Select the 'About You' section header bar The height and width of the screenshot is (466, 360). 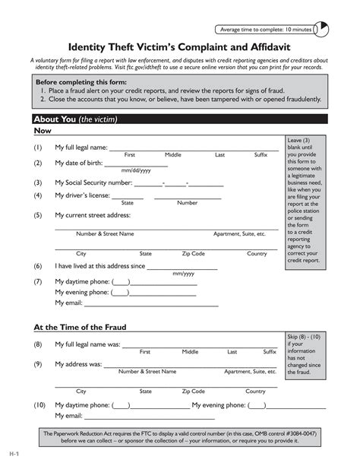pos(180,119)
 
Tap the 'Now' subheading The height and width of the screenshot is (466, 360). pos(43,132)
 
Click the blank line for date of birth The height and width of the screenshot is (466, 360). pos(136,163)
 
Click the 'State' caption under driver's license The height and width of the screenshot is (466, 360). pos(127,203)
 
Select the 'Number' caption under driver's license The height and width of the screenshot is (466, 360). pos(187,203)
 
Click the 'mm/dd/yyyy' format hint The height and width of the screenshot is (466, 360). pos(136,171)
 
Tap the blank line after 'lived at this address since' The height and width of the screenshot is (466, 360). pos(182,267)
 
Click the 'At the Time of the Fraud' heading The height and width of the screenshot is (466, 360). pos(80,328)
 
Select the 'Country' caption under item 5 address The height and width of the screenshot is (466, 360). pos(257,253)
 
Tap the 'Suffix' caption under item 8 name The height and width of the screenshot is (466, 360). pos(270,352)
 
